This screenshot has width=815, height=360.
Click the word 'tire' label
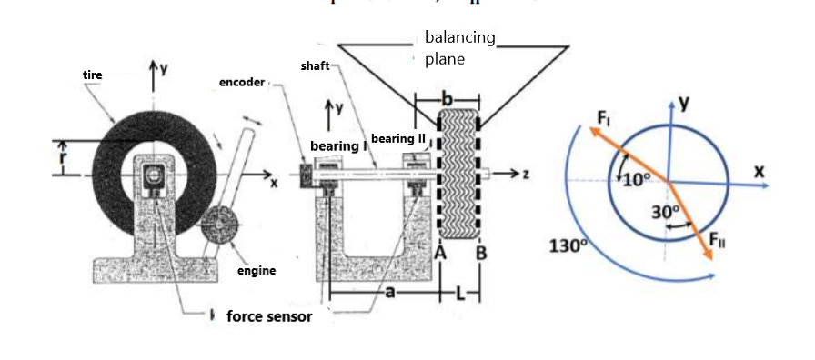[92, 75]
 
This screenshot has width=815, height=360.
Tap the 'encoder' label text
[241, 83]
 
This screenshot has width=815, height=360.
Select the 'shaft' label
[315, 67]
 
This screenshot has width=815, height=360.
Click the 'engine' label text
[256, 271]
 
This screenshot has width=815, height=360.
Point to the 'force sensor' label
[268, 316]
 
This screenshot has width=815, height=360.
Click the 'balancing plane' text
[459, 48]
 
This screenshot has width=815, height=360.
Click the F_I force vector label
[605, 117]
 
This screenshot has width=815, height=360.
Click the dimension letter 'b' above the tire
[446, 97]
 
